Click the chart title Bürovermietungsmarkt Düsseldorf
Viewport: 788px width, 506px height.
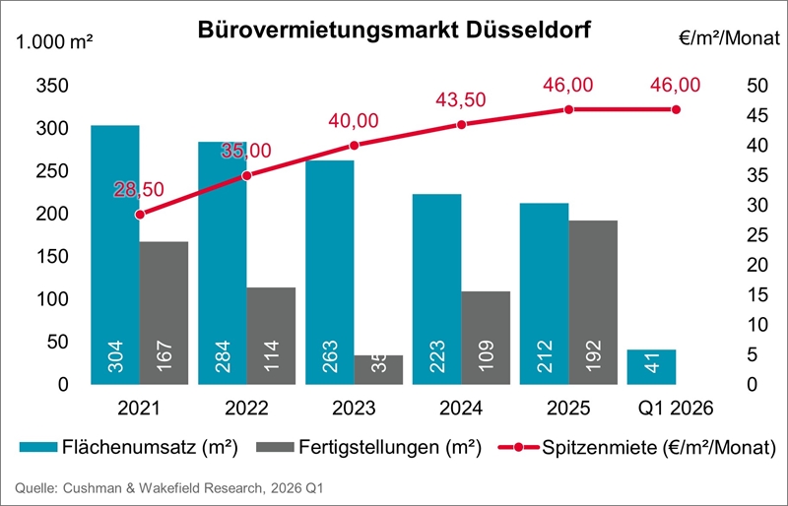394,29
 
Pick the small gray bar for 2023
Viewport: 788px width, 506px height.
378,368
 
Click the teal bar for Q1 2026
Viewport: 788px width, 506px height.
651,366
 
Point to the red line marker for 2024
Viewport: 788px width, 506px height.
461,124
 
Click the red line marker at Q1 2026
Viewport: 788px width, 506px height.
676,109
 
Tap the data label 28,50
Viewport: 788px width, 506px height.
139,189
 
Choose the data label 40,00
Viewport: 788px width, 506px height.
355,121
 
